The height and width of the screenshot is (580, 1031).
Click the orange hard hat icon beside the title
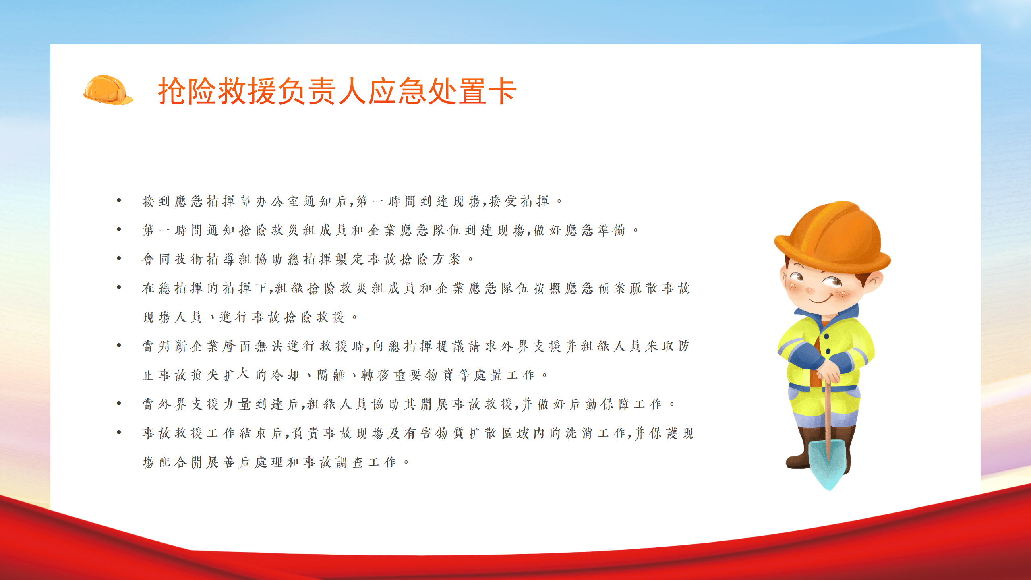[108, 90]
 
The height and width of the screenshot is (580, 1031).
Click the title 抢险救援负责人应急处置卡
[337, 91]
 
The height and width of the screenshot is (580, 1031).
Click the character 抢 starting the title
[173, 91]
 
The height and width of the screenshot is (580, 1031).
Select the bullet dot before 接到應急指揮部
[119, 200]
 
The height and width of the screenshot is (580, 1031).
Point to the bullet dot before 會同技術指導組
[119, 258]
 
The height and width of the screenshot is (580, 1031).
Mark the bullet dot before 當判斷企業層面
[119, 345]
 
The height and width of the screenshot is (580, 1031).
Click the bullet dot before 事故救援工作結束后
[119, 432]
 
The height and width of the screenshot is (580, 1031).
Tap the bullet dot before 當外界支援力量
[119, 403]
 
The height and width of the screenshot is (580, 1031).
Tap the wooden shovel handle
[827, 415]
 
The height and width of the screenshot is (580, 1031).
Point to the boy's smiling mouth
[822, 299]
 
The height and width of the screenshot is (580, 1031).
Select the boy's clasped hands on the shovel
[827, 371]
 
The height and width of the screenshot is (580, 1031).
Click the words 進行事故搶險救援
[282, 317]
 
